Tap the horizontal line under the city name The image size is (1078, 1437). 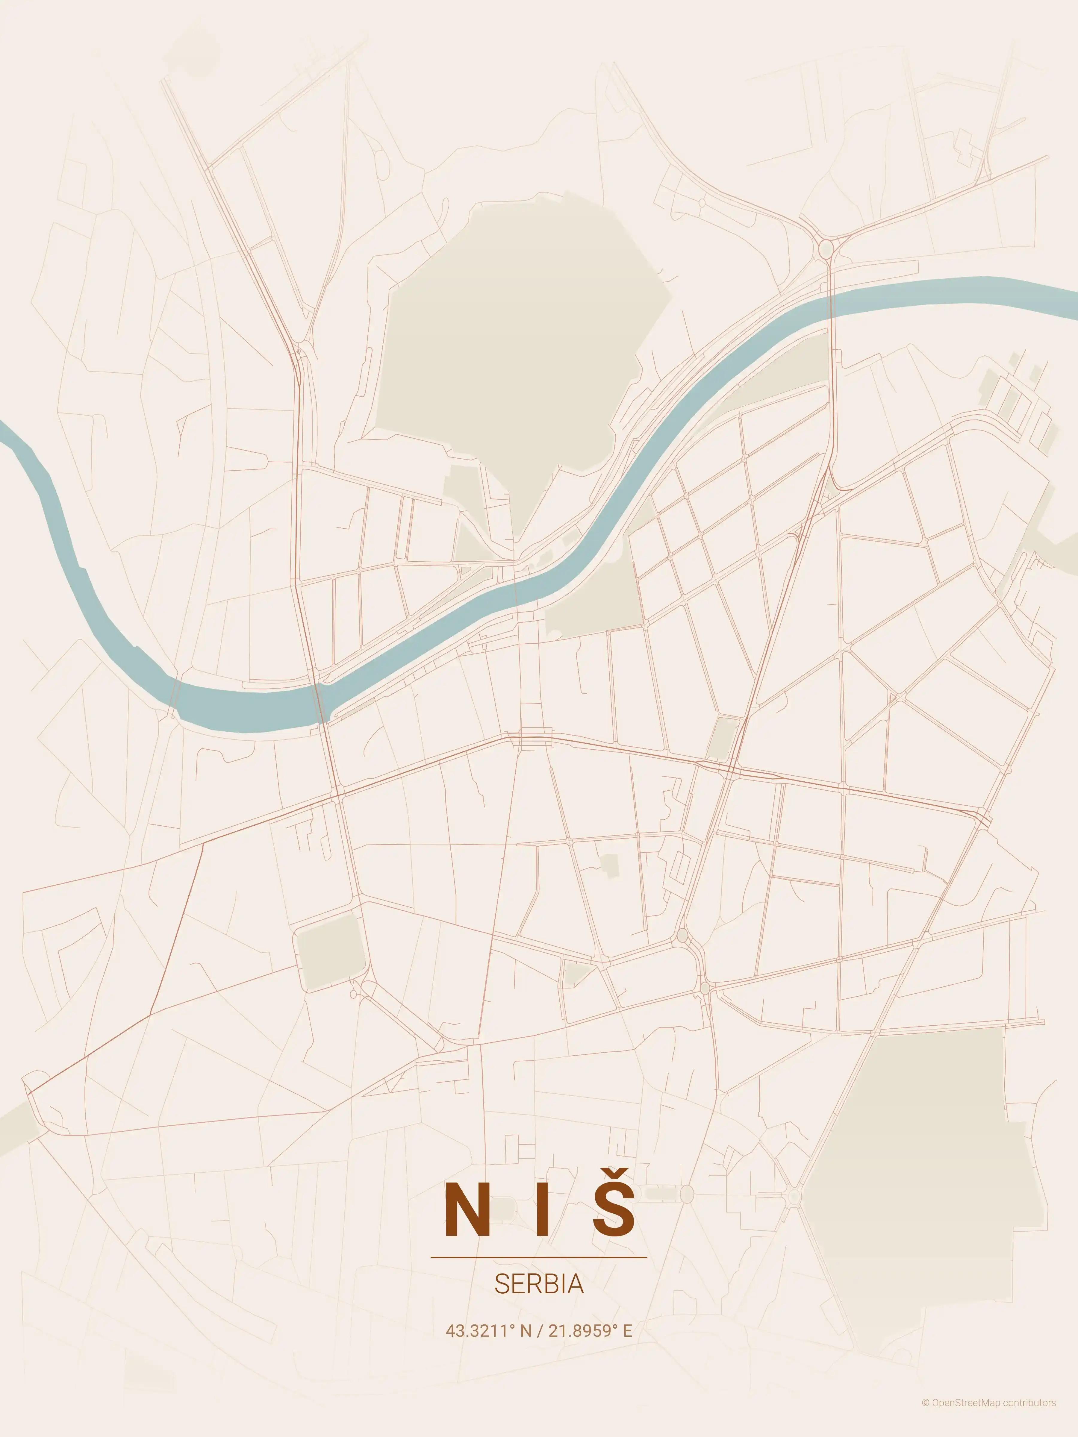(539, 1257)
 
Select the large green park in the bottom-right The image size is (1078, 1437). (923, 1169)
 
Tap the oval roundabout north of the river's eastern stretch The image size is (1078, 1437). (826, 249)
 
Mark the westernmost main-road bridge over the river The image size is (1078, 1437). (318, 702)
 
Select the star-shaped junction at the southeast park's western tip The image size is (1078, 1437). (794, 1195)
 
